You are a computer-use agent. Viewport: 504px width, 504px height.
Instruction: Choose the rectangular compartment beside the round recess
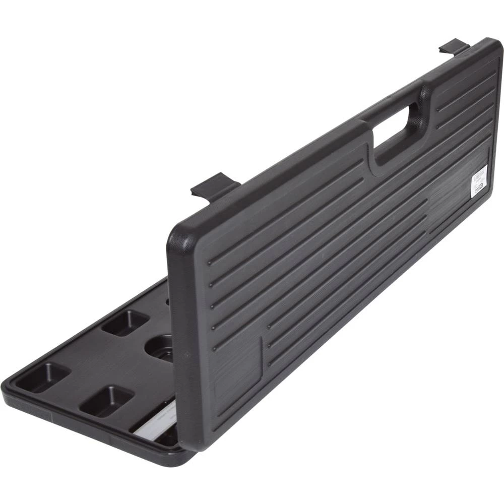125,323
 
